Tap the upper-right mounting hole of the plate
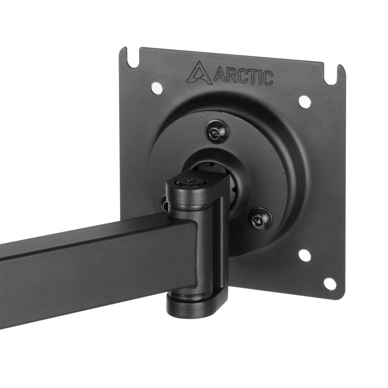pyautogui.click(x=304, y=102)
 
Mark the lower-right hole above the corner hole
pyautogui.click(x=304, y=255)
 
